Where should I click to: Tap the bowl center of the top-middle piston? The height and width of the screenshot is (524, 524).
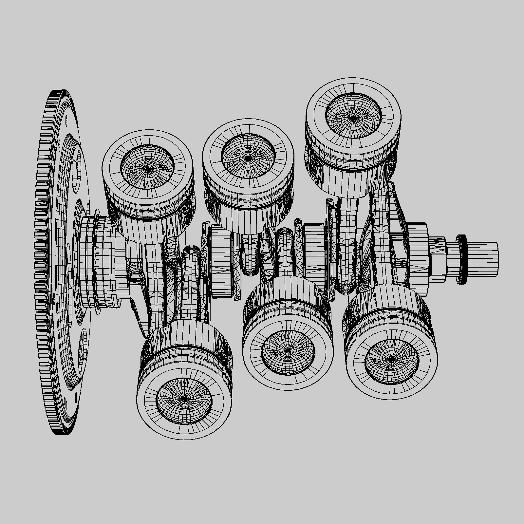(x=248, y=159)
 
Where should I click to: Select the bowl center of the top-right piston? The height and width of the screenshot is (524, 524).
(x=353, y=117)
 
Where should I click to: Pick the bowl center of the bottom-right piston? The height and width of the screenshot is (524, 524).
(x=391, y=359)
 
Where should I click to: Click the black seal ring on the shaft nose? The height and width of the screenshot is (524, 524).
(x=461, y=259)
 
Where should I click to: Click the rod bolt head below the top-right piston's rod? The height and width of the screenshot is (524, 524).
(x=345, y=288)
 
